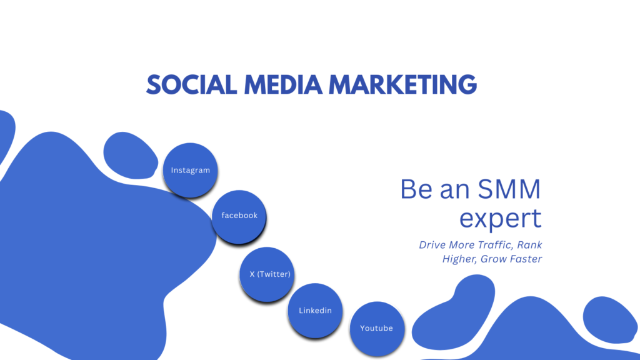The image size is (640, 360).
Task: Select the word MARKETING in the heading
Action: pyautogui.click(x=402, y=84)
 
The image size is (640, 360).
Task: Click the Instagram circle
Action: pyautogui.click(x=191, y=170)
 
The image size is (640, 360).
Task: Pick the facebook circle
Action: pyautogui.click(x=239, y=216)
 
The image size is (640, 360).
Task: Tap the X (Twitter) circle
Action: pyautogui.click(x=266, y=274)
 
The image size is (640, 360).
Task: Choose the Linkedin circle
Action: pyautogui.click(x=315, y=311)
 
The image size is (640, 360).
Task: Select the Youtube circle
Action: pyautogui.click(x=376, y=328)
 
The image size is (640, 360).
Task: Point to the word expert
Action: pyautogui.click(x=500, y=218)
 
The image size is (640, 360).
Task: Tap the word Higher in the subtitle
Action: pyautogui.click(x=459, y=259)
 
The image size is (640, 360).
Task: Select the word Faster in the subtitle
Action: pyautogui.click(x=524, y=259)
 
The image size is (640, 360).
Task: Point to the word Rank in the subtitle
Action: pyautogui.click(x=529, y=245)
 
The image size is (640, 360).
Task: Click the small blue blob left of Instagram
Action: pyautogui.click(x=130, y=154)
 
